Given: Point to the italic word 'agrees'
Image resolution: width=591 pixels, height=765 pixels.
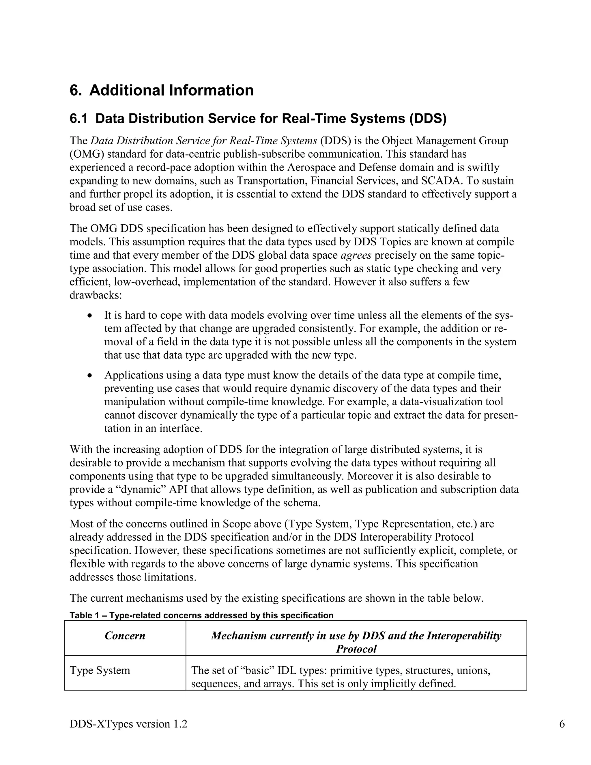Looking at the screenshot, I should (x=356, y=255).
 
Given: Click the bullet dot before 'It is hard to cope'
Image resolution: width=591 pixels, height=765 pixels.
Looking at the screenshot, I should (x=90, y=316).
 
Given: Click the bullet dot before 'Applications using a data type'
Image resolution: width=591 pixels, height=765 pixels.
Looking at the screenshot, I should (x=90, y=376).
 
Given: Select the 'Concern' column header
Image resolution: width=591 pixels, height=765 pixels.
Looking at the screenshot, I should (x=125, y=636).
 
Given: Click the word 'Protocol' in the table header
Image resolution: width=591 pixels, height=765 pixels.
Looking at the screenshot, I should (x=356, y=649).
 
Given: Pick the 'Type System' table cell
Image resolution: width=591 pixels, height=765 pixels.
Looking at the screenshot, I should (x=100, y=670).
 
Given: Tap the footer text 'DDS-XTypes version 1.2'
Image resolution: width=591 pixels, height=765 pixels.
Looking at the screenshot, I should (x=128, y=724).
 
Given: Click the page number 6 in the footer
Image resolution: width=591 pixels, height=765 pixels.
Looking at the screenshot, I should (x=562, y=724).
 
